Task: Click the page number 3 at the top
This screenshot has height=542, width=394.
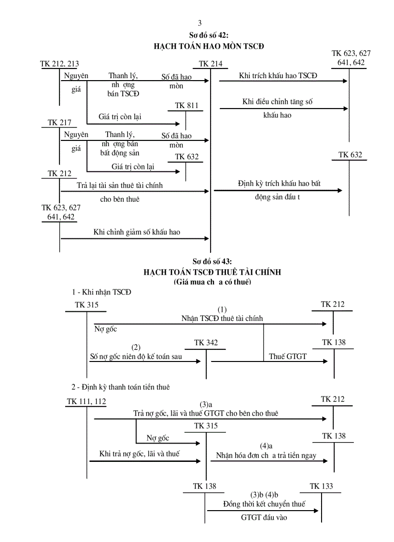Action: coord(200,23)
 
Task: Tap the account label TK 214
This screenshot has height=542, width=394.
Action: coord(211,64)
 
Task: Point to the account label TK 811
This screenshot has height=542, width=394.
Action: coord(186,106)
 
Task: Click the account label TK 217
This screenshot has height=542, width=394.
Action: coord(59,123)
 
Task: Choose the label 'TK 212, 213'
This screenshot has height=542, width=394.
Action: coord(60,64)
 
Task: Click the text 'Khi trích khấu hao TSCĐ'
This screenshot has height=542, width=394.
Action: coord(278,75)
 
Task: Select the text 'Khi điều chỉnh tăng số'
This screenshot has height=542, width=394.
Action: coord(278,102)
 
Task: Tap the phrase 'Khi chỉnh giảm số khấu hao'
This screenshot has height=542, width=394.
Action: coord(137,232)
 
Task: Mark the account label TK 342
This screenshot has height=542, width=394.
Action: coord(206,343)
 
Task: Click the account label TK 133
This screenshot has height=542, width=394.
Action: coord(321,486)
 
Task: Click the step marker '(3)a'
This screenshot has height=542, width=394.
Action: coord(206,404)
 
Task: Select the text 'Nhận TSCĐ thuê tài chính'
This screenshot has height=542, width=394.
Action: coord(223,318)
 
